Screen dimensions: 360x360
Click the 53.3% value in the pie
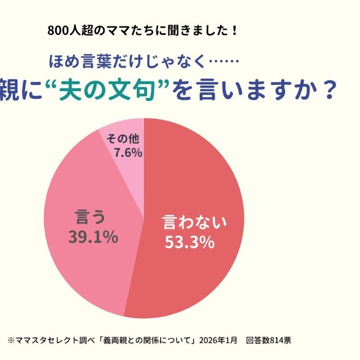[x=189, y=243]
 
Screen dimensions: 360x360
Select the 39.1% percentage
[x=93, y=237]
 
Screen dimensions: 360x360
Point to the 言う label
[x=91, y=217]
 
